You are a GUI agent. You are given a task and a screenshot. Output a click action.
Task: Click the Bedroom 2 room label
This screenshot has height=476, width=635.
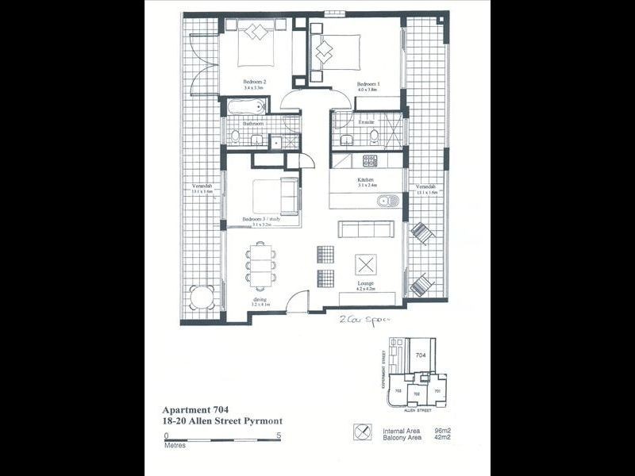pos(254,82)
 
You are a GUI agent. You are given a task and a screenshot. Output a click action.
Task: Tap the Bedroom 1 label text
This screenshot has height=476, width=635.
pos(368,84)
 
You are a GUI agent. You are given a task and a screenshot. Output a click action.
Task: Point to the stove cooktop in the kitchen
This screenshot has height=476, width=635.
pos(370,161)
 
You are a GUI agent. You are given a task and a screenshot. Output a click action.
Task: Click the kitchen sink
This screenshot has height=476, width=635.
pos(389,201)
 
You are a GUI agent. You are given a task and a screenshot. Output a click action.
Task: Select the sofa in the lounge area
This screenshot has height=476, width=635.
pos(365,229)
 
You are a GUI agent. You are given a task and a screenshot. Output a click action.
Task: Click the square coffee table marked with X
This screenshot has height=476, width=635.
pos(366,265)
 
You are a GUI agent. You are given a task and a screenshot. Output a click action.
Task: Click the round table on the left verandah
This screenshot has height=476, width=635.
pos(202,299)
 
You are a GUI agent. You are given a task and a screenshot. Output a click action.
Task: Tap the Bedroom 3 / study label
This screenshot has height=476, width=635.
pos(261,219)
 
